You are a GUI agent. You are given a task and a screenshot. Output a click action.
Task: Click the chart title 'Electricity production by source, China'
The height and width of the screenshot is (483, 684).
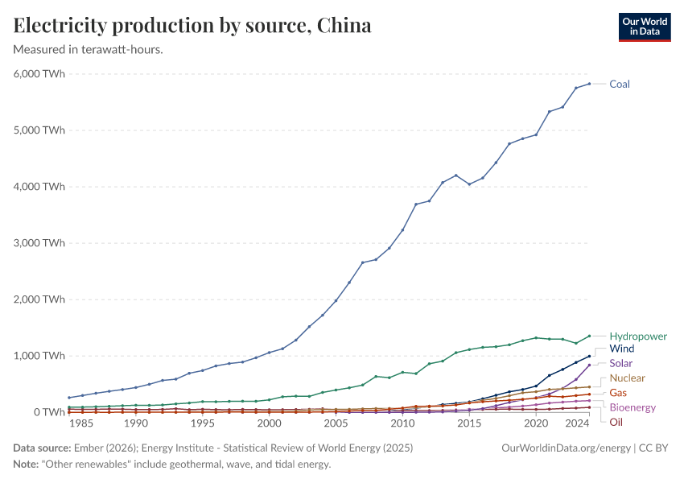point(192,25)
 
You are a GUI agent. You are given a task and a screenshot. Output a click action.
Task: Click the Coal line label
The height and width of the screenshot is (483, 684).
point(620,84)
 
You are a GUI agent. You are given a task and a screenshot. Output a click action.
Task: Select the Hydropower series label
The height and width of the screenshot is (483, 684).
point(638,336)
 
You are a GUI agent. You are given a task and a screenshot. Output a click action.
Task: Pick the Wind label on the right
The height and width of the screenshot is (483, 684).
point(622,349)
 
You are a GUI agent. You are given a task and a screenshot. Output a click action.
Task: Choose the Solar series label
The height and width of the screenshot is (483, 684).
point(621,364)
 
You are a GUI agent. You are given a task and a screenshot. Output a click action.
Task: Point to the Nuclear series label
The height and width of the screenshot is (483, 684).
point(627,378)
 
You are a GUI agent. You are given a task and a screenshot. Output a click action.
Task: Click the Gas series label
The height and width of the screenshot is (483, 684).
point(618,393)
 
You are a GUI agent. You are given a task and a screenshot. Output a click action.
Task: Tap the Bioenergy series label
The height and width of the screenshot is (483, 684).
point(632,407)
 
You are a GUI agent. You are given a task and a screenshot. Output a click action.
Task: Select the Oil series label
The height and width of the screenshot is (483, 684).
point(616,422)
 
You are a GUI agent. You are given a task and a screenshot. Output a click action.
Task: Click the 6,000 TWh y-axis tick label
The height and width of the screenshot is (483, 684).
point(39,73)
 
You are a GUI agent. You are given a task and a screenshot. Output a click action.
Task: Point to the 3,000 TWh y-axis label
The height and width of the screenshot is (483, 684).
point(39,243)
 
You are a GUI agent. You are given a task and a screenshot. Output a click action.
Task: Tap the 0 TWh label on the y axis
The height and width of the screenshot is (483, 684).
point(47,412)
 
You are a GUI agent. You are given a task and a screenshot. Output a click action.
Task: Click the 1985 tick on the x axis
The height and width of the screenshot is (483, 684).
point(82,423)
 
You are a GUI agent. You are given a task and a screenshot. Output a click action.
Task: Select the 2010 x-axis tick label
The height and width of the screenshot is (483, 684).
point(402,423)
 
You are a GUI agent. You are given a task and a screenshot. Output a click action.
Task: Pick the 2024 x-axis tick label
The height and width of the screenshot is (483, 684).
point(576,423)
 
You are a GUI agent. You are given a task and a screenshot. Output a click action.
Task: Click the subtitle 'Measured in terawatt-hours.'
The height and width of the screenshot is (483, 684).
point(89,50)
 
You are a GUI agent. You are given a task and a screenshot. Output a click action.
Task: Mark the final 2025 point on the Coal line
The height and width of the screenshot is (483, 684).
point(589,84)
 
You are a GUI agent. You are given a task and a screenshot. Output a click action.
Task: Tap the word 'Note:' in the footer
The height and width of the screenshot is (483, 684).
point(28,464)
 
